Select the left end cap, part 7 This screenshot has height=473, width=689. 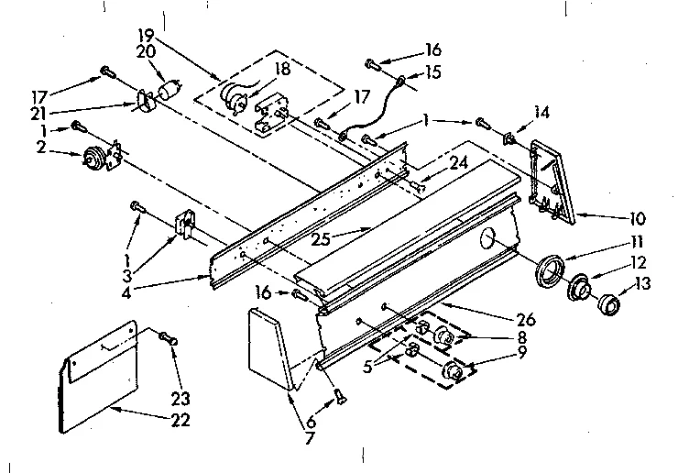[270, 348]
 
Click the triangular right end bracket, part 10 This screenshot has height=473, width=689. [554, 180]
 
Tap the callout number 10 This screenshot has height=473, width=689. [637, 219]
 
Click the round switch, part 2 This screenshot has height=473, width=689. [93, 157]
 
